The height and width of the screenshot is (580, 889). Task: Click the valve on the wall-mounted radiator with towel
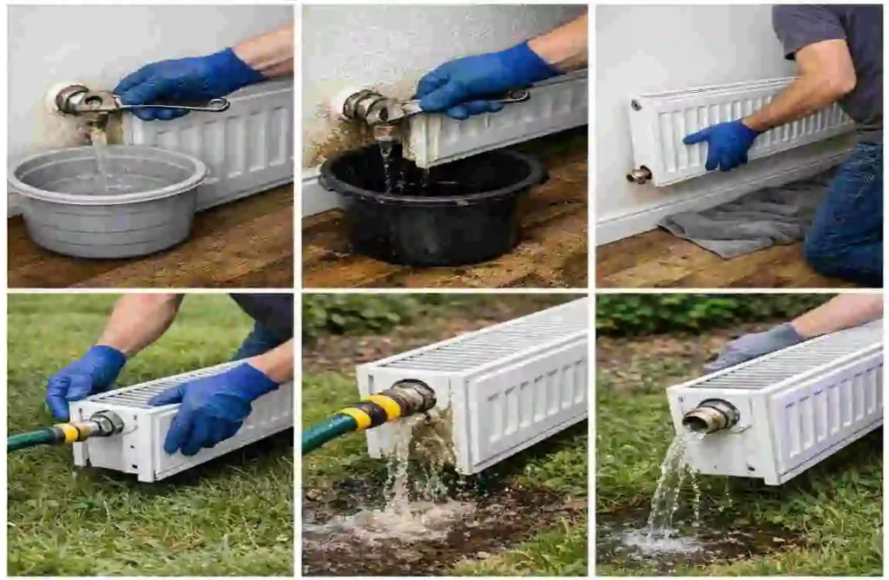[x=639, y=175]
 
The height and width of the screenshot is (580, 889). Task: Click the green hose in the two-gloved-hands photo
[x=26, y=440]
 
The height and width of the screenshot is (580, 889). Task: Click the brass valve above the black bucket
[x=365, y=107]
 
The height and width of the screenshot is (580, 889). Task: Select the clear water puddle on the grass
[x=660, y=543]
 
